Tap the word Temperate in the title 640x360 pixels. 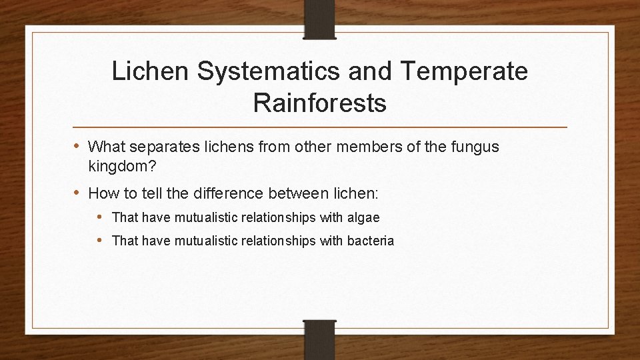464,71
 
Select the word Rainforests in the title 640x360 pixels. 320,103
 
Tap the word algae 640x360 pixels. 363,217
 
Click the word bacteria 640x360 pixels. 371,241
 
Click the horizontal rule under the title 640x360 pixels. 320,127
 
